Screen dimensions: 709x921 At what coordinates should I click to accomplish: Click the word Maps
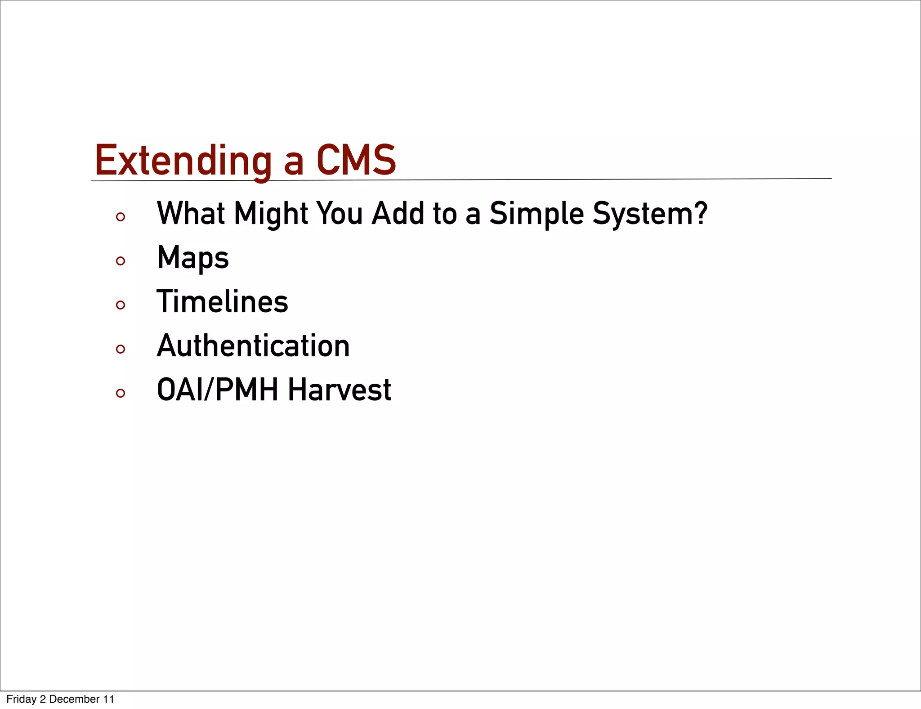click(193, 258)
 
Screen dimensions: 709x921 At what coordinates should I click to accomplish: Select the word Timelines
click(222, 301)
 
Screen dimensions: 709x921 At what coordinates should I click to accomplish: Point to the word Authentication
click(253, 346)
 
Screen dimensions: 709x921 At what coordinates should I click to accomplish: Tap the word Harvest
click(340, 390)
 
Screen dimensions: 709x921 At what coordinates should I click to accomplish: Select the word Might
click(271, 214)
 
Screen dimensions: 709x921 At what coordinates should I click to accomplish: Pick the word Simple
click(537, 214)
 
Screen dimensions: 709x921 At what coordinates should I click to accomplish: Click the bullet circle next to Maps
click(120, 261)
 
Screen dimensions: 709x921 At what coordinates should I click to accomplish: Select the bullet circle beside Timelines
click(120, 305)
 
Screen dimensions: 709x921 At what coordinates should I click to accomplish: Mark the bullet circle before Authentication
click(120, 349)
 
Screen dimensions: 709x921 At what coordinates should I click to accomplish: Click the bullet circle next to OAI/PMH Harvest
click(120, 393)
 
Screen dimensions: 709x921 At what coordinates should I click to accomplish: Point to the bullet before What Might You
click(120, 217)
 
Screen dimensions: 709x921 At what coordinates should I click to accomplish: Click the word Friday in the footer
click(21, 699)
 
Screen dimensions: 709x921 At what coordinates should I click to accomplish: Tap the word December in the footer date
click(74, 699)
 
